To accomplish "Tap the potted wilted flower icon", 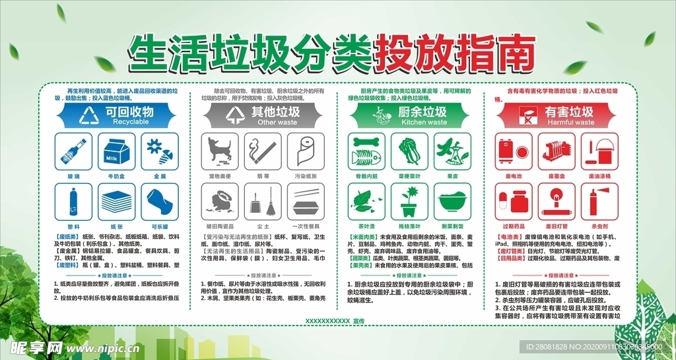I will tap(409, 200).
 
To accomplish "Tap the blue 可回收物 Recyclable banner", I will tap(116, 116).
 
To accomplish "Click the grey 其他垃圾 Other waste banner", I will tap(263, 116).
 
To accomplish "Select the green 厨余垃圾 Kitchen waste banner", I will tap(409, 116).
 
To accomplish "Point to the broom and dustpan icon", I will tap(263, 200).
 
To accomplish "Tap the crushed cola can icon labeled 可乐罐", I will tap(159, 200).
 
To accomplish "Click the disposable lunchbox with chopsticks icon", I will tap(306, 200).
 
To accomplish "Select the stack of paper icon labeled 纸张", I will tap(116, 200).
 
